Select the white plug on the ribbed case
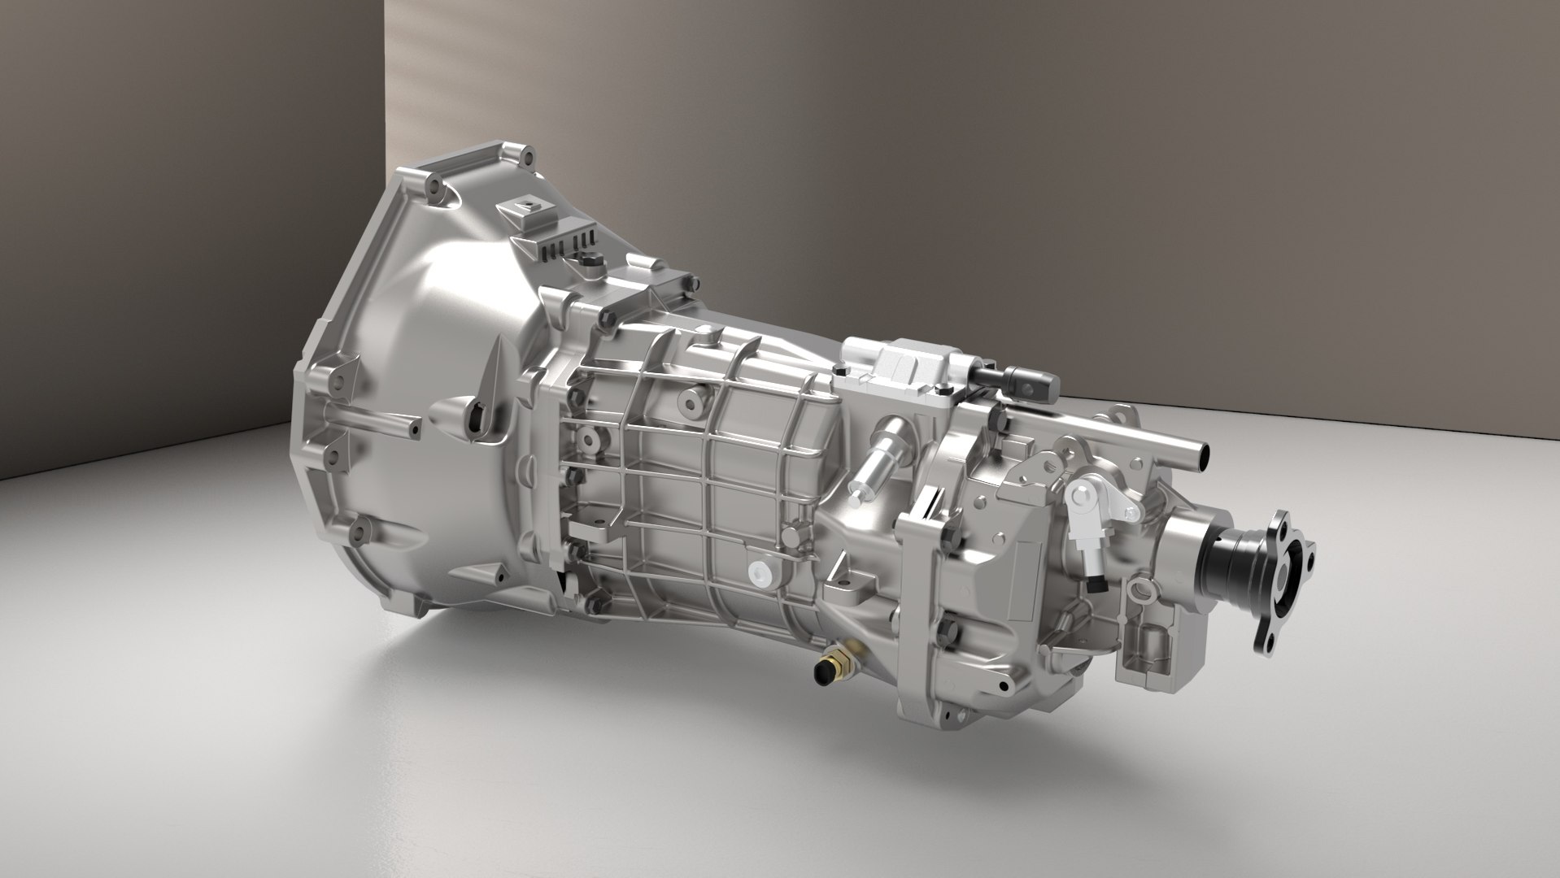point(761,573)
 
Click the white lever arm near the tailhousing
point(1094,504)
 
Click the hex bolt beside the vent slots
point(589,260)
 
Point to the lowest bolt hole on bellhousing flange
point(358,536)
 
